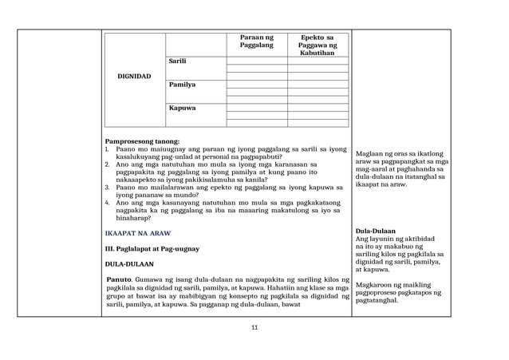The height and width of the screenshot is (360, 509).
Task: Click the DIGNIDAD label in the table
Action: (134, 77)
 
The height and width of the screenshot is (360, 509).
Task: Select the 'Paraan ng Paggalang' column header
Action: (256, 42)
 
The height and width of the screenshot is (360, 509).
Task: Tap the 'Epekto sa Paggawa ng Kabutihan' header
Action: (318, 45)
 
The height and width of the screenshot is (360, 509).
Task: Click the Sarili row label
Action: (177, 61)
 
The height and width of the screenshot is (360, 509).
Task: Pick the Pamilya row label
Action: (181, 84)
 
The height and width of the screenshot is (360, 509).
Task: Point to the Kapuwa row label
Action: (180, 107)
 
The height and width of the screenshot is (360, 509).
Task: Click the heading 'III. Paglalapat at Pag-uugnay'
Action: (154, 250)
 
